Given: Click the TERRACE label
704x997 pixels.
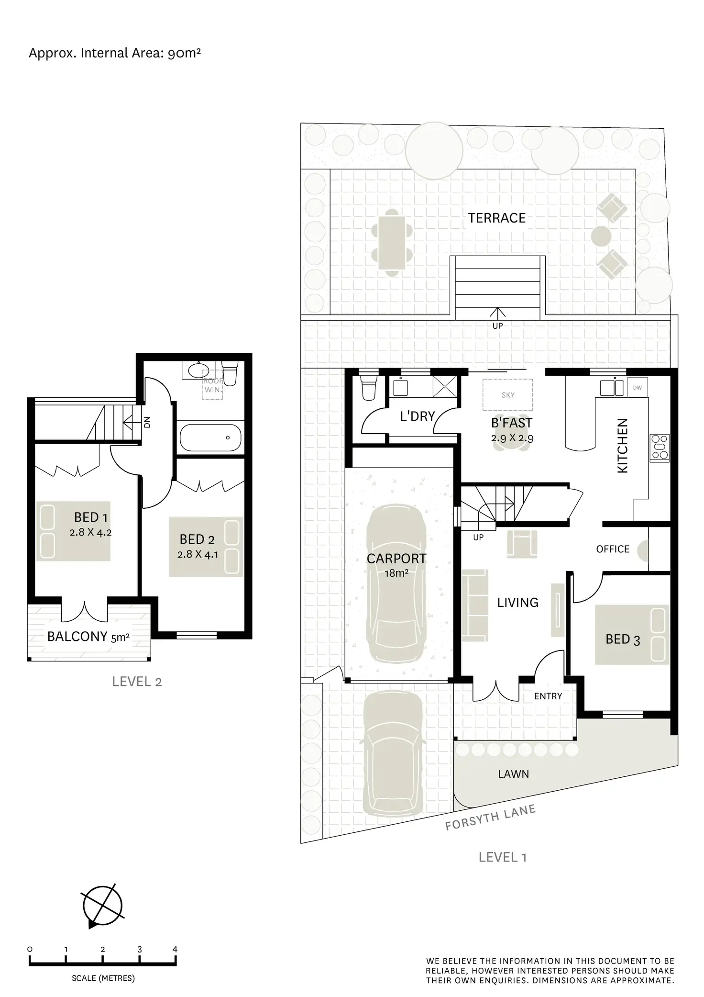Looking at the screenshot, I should pyautogui.click(x=496, y=218).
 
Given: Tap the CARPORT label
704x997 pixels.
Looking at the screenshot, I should pyautogui.click(x=396, y=559).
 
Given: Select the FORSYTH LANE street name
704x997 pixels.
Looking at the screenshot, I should pyautogui.click(x=490, y=818).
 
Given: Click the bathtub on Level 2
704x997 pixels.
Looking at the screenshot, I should pyautogui.click(x=210, y=437).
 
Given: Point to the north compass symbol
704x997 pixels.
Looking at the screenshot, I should pyautogui.click(x=102, y=907).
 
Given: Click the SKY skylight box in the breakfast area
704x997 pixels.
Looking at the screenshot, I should pyautogui.click(x=508, y=395).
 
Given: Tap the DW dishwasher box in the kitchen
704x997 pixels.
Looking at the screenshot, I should pyautogui.click(x=637, y=388).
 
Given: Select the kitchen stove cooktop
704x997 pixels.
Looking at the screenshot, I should pyautogui.click(x=659, y=448).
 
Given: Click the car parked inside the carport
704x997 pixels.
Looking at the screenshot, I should pyautogui.click(x=396, y=584).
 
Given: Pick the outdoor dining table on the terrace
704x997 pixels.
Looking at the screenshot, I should pyautogui.click(x=392, y=242).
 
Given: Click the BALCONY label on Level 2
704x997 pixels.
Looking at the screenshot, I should pyautogui.click(x=77, y=637).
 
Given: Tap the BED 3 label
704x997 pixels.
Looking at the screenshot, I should pyautogui.click(x=622, y=639).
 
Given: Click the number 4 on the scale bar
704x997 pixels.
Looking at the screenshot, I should pyautogui.click(x=175, y=949).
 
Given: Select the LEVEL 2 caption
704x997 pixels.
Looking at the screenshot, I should pyautogui.click(x=137, y=682).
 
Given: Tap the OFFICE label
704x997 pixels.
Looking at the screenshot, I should pyautogui.click(x=613, y=549).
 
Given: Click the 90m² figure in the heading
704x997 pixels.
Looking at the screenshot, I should pyautogui.click(x=184, y=53).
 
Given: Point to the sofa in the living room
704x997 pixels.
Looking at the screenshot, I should pyautogui.click(x=475, y=605).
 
